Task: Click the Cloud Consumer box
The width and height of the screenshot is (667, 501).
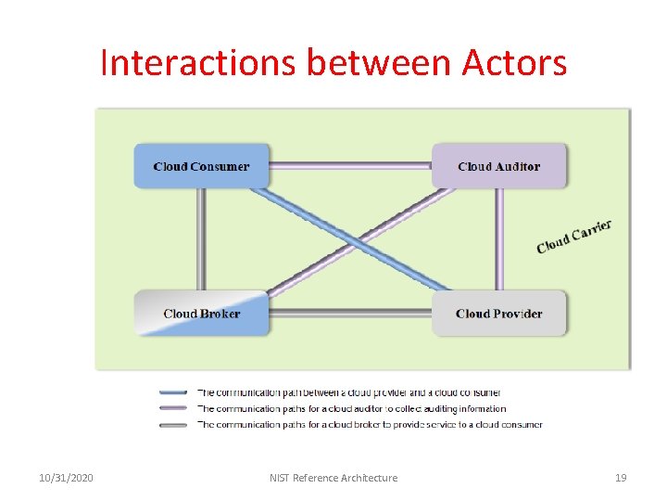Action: coord(201,167)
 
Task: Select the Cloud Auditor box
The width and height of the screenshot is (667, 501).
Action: coord(498,167)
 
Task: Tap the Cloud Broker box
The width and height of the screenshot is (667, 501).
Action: coord(201,314)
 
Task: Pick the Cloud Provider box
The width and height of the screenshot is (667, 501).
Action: coord(498,314)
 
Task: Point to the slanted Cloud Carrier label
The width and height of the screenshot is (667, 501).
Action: coord(573,236)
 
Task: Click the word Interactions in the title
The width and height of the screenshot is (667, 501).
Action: coord(198,63)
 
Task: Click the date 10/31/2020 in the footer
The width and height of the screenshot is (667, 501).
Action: coord(66,478)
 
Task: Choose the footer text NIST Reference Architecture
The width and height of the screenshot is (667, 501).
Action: coord(333,478)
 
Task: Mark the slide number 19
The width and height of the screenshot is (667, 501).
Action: coord(621,478)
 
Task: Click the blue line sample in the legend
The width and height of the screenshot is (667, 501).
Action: coord(173,392)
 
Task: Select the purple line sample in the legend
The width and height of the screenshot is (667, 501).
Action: coord(173,408)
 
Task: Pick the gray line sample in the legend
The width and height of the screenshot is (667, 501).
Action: coord(173,425)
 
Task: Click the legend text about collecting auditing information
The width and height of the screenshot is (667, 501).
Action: coord(352,408)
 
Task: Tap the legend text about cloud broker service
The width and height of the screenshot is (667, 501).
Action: coord(370,425)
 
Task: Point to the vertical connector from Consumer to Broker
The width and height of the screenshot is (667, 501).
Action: coord(200,239)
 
